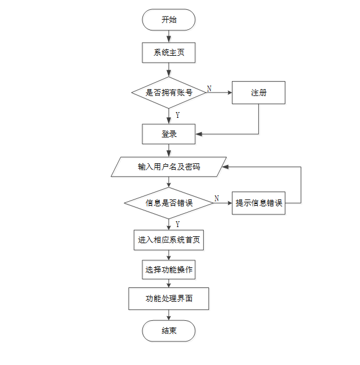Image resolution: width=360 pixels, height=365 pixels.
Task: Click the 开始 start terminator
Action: click(x=169, y=20)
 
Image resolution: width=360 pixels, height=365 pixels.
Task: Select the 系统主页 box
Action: click(x=169, y=53)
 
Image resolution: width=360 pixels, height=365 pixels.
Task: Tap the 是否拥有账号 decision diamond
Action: click(x=169, y=93)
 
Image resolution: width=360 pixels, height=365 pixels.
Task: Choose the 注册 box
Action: click(x=258, y=93)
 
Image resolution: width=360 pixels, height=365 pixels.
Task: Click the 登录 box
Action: click(x=169, y=134)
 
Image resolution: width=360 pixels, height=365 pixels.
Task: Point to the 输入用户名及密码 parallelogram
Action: click(x=169, y=167)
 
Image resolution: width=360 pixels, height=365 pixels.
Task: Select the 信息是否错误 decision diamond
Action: click(x=169, y=203)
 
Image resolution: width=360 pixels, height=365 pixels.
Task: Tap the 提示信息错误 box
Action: click(x=258, y=203)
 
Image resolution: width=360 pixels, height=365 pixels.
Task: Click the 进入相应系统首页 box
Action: click(x=169, y=240)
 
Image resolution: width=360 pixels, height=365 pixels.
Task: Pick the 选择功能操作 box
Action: click(x=169, y=270)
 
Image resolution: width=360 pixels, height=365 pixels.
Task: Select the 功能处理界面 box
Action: click(x=169, y=299)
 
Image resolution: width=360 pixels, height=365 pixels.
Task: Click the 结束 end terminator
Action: click(x=169, y=331)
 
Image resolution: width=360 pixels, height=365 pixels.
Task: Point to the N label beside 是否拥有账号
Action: click(x=210, y=89)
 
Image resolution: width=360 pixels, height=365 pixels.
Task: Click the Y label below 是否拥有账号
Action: click(x=177, y=115)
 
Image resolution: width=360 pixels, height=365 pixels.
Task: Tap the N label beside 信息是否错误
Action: click(x=216, y=198)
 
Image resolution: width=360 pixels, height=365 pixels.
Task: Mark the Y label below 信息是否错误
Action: click(x=177, y=224)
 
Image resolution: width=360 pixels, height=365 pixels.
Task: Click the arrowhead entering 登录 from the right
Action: click(x=199, y=134)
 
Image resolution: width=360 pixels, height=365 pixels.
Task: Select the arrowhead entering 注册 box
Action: click(x=230, y=93)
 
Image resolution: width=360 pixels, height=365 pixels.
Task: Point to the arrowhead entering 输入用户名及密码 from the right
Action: click(x=225, y=167)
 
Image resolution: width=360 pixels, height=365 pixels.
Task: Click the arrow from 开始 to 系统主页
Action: click(x=169, y=37)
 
